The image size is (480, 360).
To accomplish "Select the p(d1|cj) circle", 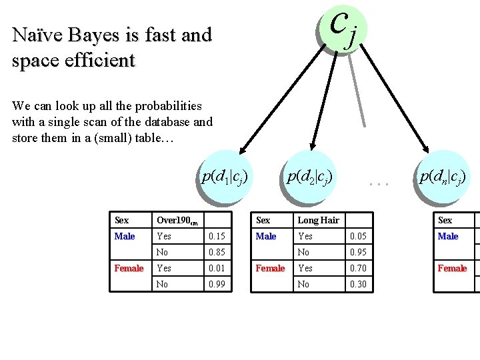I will coord(226,177).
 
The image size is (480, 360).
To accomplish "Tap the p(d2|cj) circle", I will coord(309,177).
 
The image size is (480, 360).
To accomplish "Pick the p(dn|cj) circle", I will coord(441,177).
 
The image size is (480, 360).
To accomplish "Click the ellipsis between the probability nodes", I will coord(378,181).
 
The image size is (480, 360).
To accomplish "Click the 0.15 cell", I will coord(217,237).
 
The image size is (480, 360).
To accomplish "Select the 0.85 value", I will coord(217,253).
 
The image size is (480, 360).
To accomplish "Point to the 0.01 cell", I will coord(217,269).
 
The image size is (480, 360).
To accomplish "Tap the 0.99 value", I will coord(217,285).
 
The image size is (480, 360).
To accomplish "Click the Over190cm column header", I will coord(177,221).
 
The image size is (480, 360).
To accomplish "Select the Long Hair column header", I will coord(318,221).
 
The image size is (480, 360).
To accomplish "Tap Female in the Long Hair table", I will coord(270,269).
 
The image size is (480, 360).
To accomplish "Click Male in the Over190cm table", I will coord(125,237).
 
